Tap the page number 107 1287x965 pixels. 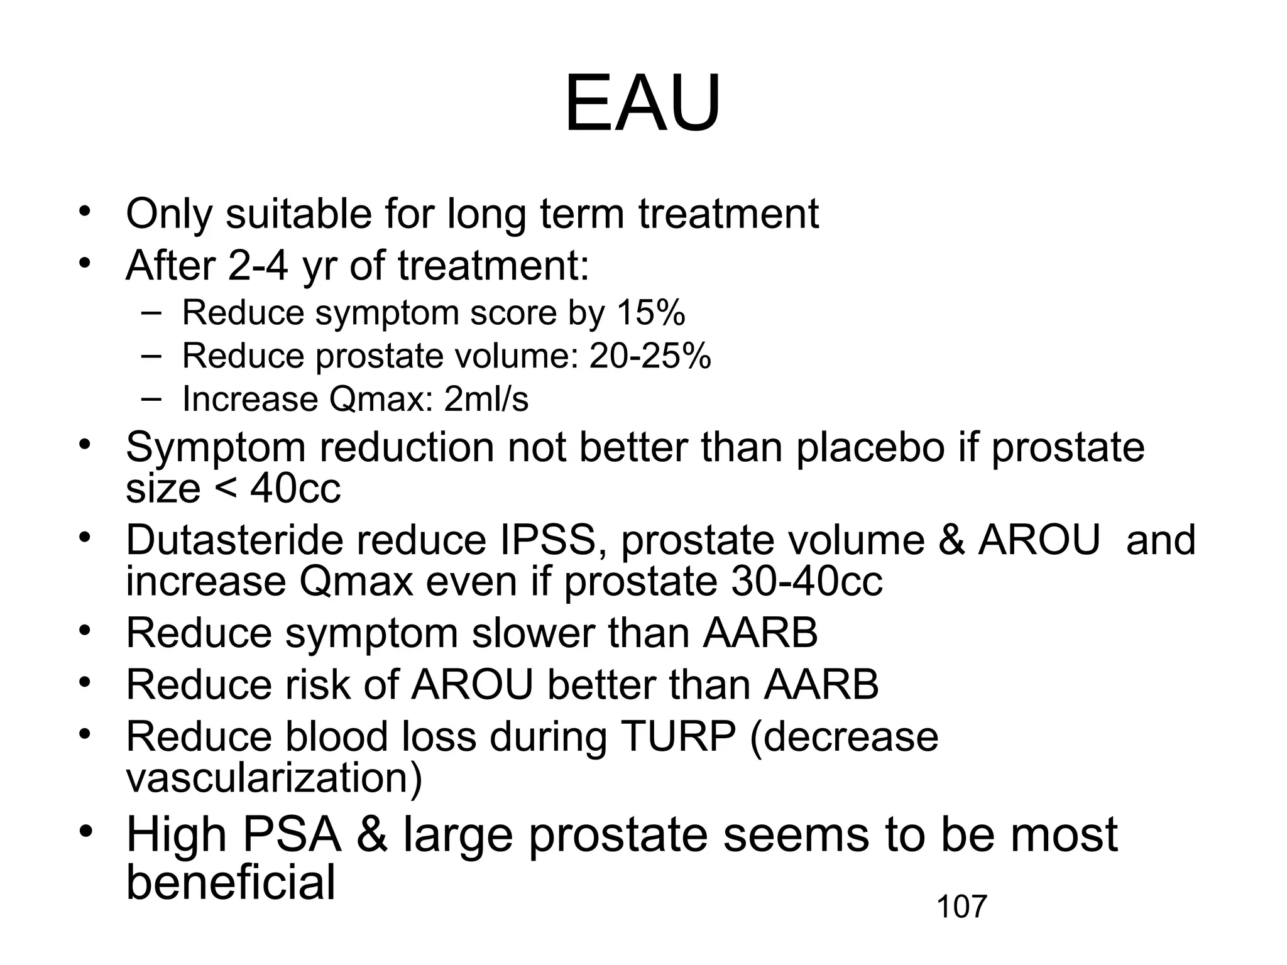click(x=961, y=907)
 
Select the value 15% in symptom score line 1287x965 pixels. click(x=650, y=312)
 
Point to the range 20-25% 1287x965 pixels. click(x=650, y=356)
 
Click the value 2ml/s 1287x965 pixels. click(x=486, y=400)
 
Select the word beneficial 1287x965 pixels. click(x=231, y=882)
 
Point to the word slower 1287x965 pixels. click(x=532, y=633)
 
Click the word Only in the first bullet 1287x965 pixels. click(x=169, y=215)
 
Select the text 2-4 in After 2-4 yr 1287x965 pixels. click(x=258, y=266)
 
